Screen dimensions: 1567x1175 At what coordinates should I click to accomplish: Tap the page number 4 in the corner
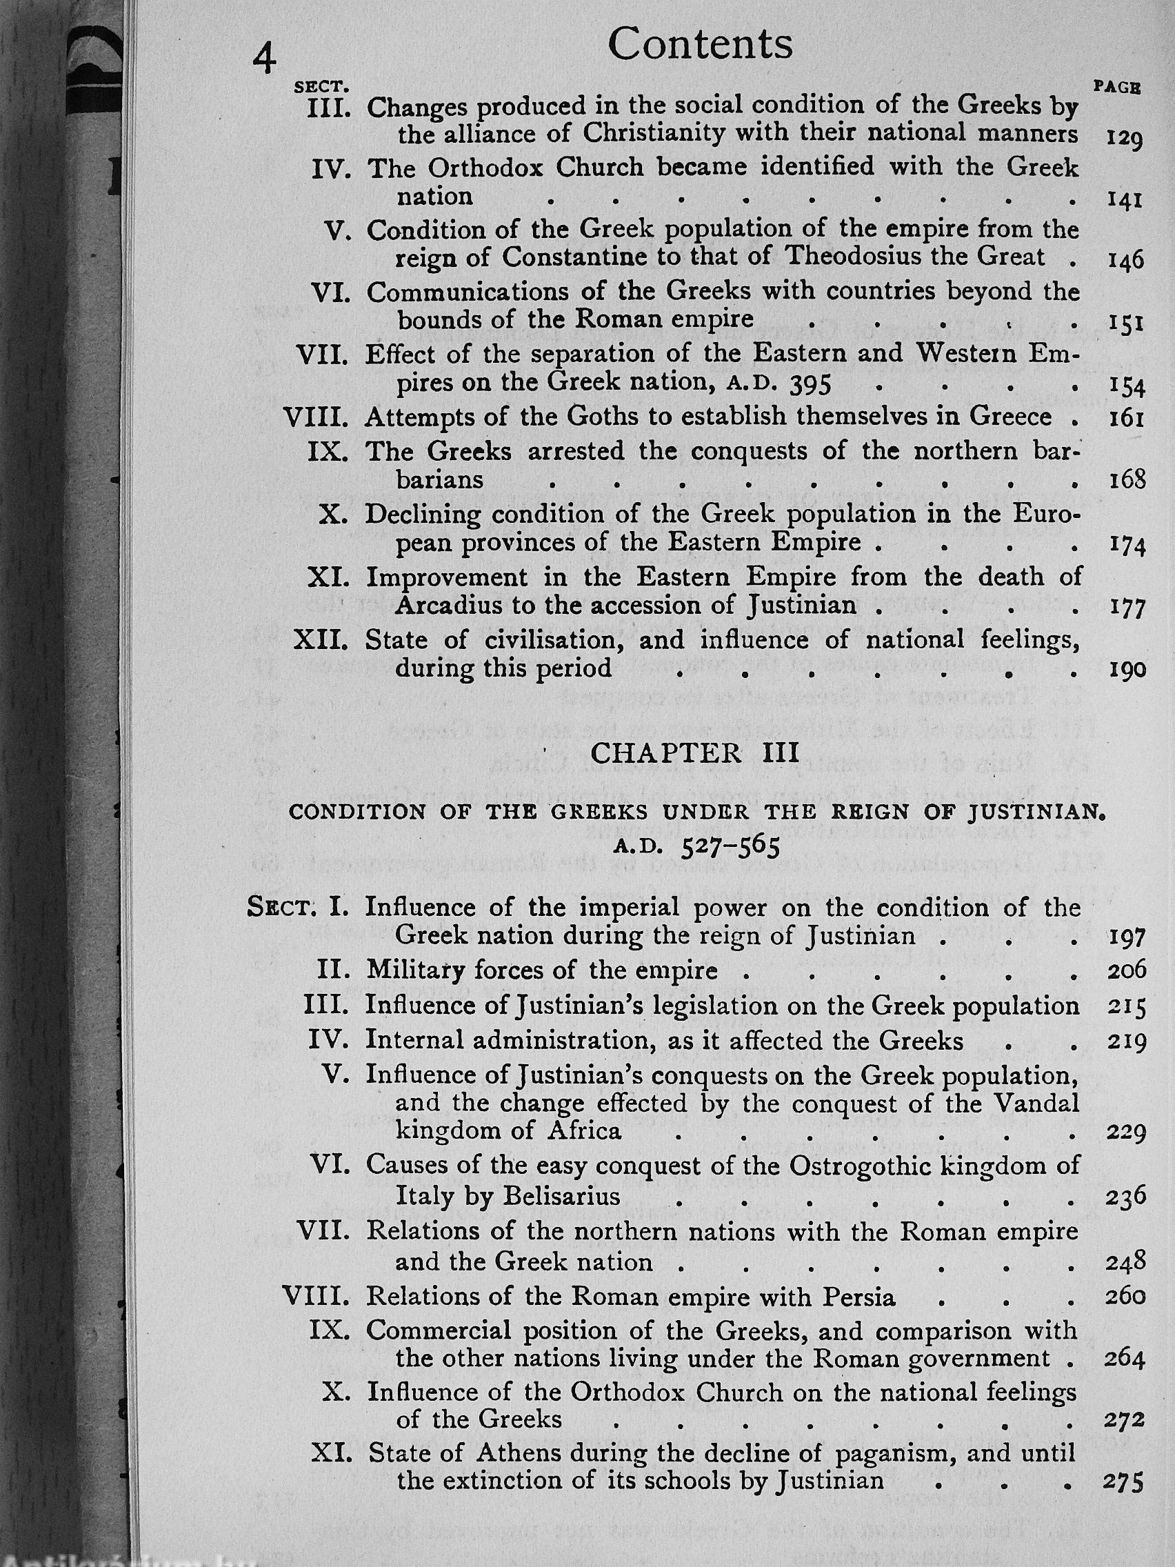[264, 58]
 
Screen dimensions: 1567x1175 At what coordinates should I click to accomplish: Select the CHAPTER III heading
[694, 753]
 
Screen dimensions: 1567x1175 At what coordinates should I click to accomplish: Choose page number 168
[1126, 480]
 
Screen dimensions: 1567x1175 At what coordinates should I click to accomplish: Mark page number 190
[1126, 670]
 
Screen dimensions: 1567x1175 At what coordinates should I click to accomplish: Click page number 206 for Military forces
[1126, 970]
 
